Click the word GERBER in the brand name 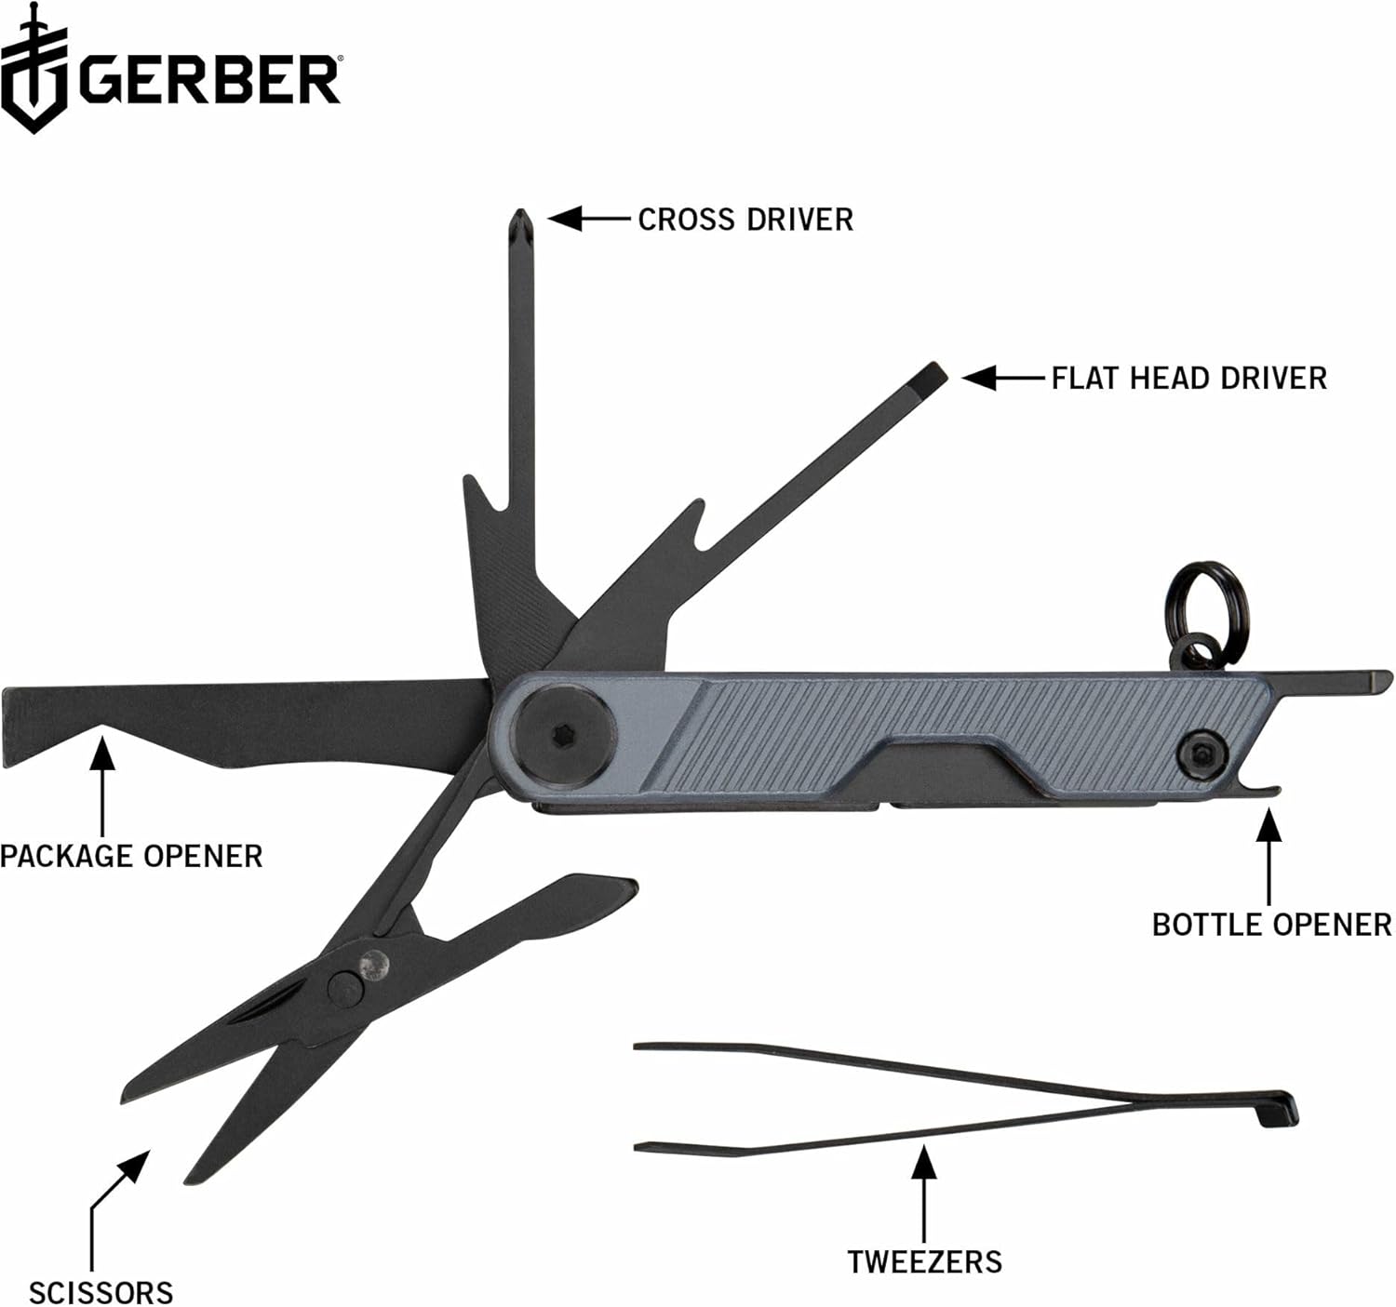209,79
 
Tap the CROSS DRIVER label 745,220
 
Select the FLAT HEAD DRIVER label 1188,378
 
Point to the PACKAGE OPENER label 131,856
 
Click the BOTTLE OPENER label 1271,924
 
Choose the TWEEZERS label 924,1261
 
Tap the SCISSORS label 101,1292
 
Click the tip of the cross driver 520,221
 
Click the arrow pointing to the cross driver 586,219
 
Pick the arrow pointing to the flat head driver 1000,378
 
